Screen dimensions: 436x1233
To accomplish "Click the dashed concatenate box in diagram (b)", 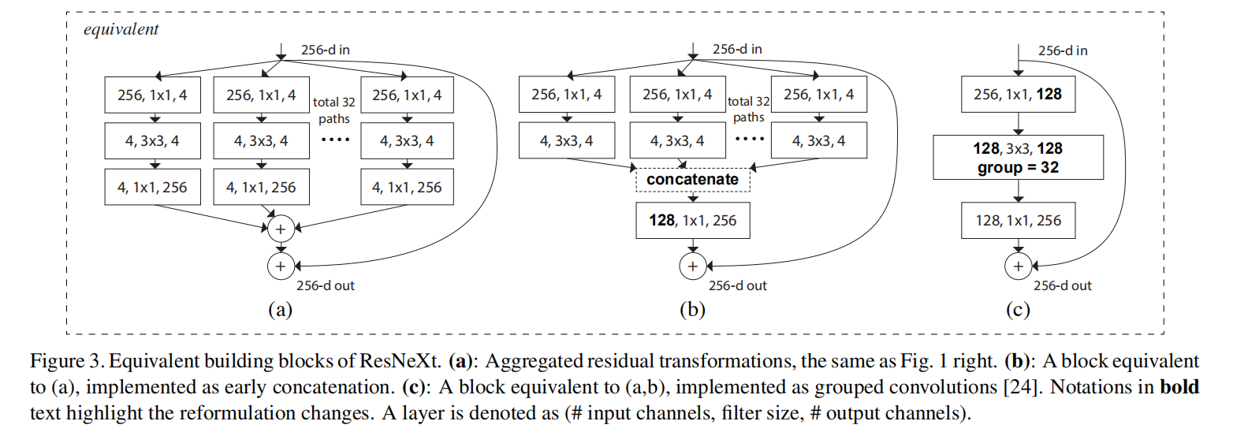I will pyautogui.click(x=693, y=180).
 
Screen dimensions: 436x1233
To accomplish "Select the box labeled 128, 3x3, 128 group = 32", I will pyautogui.click(x=1017, y=157).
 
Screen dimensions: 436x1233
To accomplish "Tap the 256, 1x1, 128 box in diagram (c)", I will pyautogui.click(x=1017, y=95).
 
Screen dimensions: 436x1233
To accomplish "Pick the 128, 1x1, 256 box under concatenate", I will pyautogui.click(x=693, y=220).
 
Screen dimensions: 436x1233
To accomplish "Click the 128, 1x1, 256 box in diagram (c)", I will pyautogui.click(x=1017, y=220).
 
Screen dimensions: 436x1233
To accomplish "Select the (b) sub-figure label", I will pyautogui.click(x=693, y=310).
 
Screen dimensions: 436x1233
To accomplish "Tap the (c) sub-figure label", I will pyautogui.click(x=1017, y=310).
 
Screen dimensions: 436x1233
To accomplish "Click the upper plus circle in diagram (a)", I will pyautogui.click(x=280, y=229).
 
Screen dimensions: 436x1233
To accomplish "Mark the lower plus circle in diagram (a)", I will pyautogui.click(x=280, y=266).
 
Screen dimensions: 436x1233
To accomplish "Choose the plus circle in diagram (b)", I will pyautogui.click(x=693, y=266).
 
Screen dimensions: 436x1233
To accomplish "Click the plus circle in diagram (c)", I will pyautogui.click(x=1017, y=266).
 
